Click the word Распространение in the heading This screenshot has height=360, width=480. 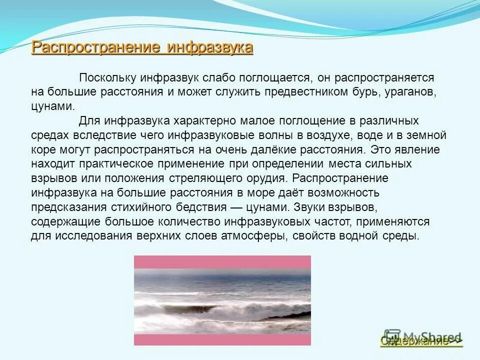pyautogui.click(x=95, y=48)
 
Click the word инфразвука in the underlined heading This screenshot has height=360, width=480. pyautogui.click(x=210, y=48)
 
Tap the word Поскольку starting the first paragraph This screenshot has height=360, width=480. pyautogui.click(x=107, y=78)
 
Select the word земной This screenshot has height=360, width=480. pyautogui.click(x=427, y=135)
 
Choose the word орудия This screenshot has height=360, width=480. pyautogui.click(x=265, y=178)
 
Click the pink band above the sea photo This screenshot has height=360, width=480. pyautogui.click(x=222, y=262)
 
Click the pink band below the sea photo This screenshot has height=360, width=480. pyautogui.click(x=222, y=339)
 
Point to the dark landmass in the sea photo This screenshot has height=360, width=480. pyautogui.click(x=290, y=316)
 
